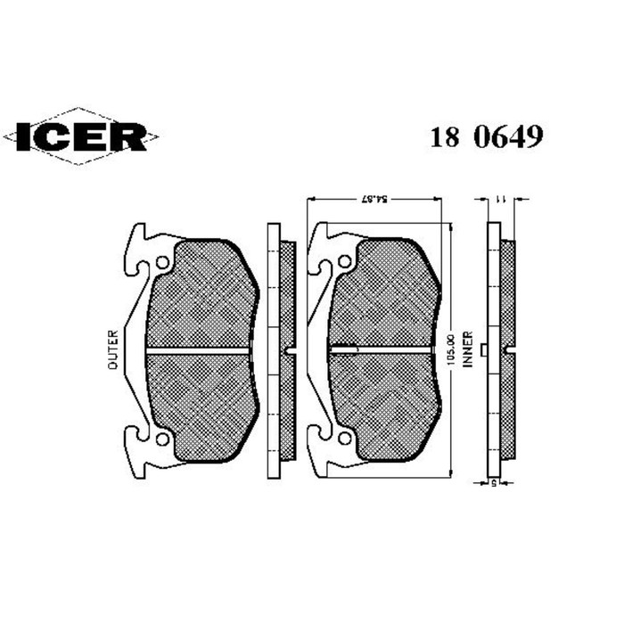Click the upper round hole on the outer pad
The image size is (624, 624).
[161, 263]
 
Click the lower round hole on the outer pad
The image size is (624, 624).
[161, 438]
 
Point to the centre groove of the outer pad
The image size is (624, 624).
[201, 350]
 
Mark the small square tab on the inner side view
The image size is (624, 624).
[482, 350]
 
